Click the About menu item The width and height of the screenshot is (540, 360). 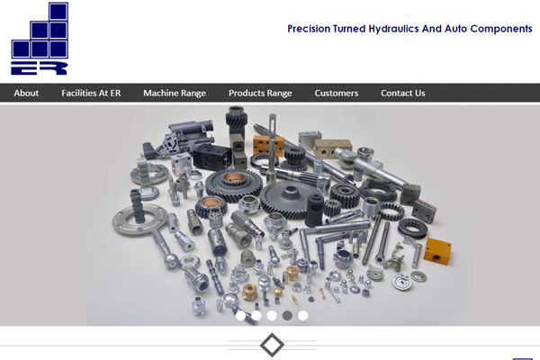26,93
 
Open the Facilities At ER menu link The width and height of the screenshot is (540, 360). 91,93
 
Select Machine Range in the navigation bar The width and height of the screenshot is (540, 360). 175,93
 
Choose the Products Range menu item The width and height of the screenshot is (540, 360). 260,93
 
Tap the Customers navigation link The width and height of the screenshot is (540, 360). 336,93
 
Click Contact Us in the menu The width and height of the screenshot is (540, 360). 403,93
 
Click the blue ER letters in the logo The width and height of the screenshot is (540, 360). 39,67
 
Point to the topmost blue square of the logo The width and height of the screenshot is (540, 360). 58,12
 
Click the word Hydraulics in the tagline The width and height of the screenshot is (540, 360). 394,29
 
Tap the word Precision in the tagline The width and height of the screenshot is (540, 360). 309,29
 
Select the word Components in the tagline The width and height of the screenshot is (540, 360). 501,29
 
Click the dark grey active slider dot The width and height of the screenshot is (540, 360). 287,316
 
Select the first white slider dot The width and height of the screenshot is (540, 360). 240,316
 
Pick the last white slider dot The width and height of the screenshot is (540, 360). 302,316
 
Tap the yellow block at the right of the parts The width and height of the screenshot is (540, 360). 437,251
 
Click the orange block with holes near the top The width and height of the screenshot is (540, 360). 268,145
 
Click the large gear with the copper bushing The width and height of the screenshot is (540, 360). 233,185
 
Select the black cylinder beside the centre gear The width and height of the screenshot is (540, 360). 314,210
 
